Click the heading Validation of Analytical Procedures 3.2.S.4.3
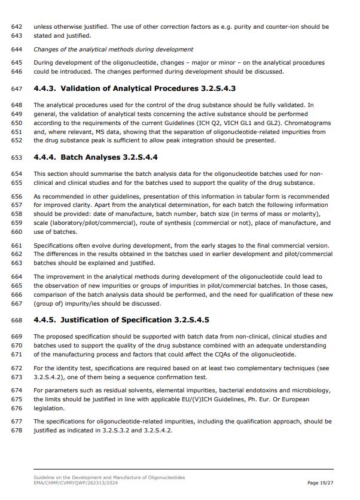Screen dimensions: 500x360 [135, 89]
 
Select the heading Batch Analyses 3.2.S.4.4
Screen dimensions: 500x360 [96, 157]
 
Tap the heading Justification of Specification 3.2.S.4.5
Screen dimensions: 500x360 [121, 320]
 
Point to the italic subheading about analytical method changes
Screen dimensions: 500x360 [113, 49]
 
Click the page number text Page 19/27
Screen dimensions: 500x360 [321, 483]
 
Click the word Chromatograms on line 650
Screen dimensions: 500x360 [305, 123]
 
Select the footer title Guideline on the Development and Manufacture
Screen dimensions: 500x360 [109, 477]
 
